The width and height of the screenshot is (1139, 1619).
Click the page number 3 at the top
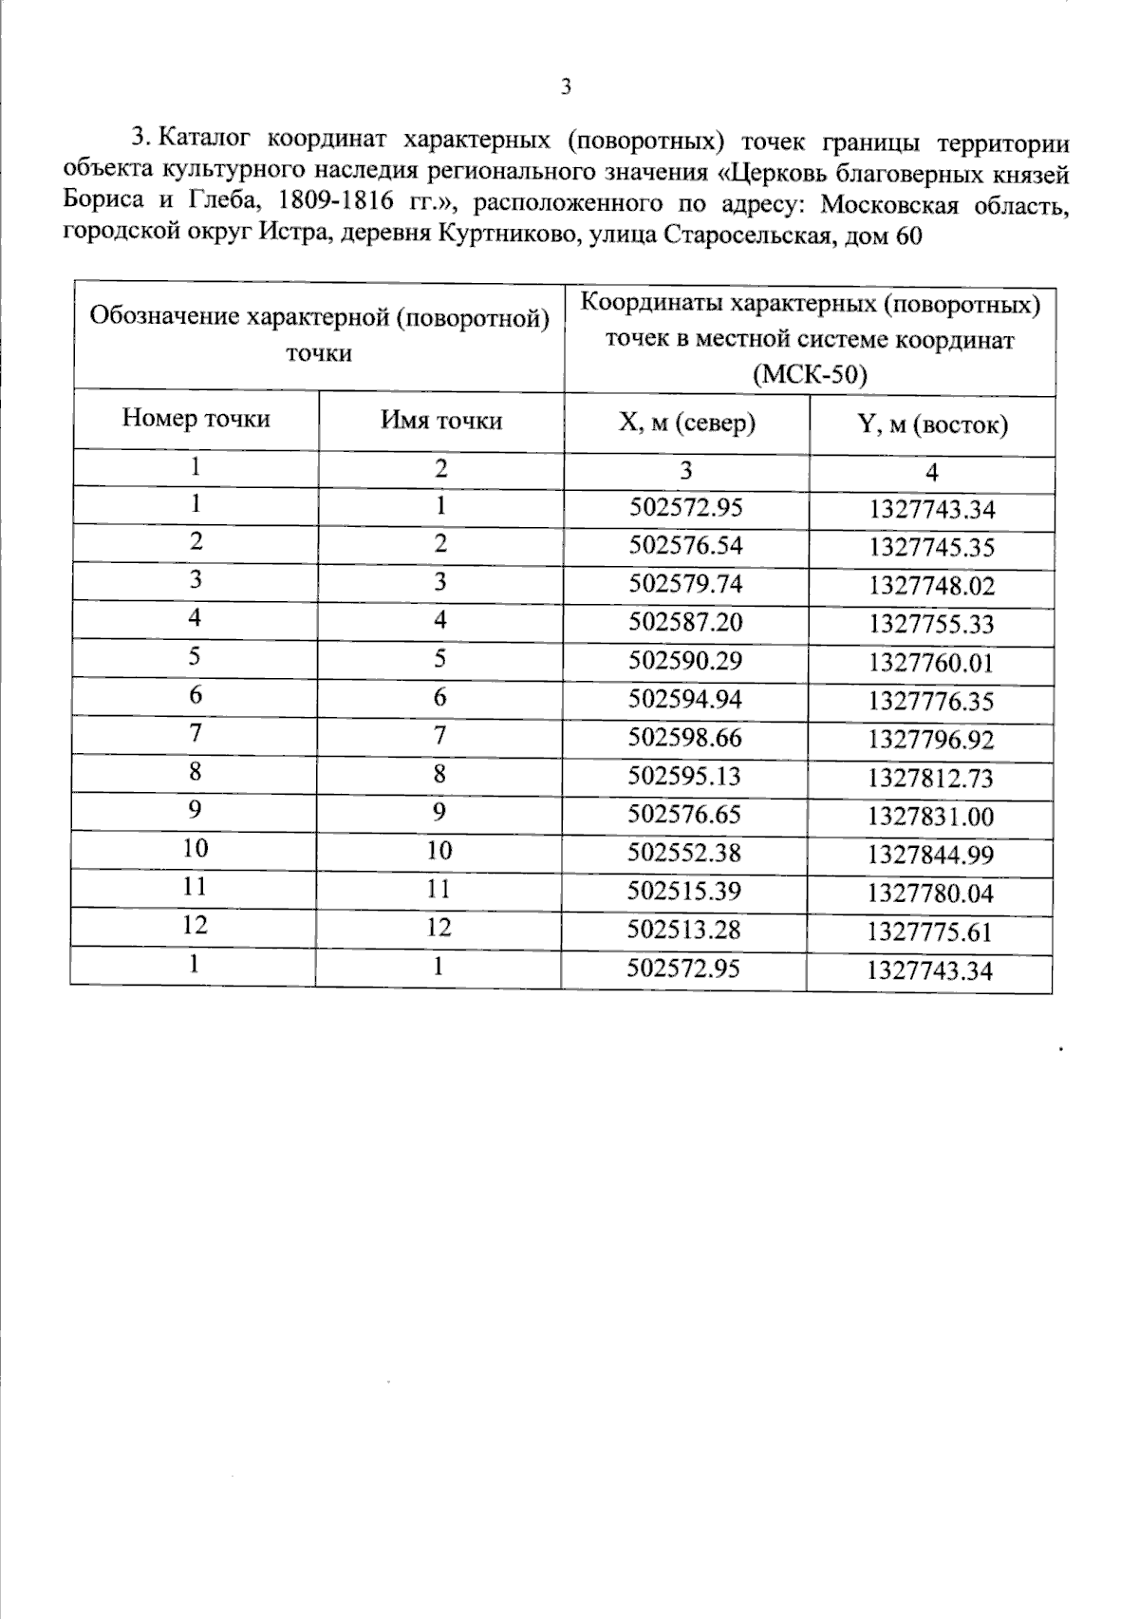[567, 88]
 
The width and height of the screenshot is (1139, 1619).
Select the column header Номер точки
[196, 419]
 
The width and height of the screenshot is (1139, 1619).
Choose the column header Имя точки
[441, 420]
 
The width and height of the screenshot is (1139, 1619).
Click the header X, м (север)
[686, 423]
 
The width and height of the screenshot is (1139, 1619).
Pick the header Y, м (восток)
[932, 424]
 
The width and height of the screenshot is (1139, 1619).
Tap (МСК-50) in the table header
[810, 376]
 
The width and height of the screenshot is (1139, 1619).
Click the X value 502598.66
[685, 738]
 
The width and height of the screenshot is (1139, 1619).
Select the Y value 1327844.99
[931, 855]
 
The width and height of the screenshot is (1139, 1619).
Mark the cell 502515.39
[684, 891]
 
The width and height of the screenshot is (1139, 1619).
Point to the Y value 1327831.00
[931, 817]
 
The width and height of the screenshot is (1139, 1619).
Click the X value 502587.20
[685, 622]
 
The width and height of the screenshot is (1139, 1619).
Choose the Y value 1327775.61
[930, 932]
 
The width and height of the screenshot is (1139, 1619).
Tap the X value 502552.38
[684, 853]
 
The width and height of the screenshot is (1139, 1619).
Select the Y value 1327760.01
[931, 663]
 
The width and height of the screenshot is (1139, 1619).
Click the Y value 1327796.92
[931, 740]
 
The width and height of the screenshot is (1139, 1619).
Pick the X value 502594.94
[685, 699]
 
